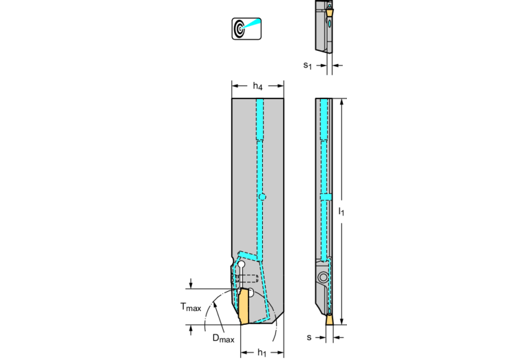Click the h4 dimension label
[257, 86]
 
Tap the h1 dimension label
[262, 352]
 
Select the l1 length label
[341, 211]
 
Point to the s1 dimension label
[308, 65]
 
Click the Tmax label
[191, 307]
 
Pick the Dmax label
[223, 338]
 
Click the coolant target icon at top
[246, 29]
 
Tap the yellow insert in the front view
[244, 306]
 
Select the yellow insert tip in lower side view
[330, 319]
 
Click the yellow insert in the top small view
[330, 13]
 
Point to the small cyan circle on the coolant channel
[262, 197]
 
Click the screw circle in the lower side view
[324, 277]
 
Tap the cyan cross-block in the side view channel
[326, 197]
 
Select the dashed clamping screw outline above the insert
[247, 279]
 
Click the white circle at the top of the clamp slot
[241, 265]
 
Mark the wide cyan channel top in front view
[260, 119]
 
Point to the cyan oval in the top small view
[330, 23]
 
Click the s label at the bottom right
[309, 337]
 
